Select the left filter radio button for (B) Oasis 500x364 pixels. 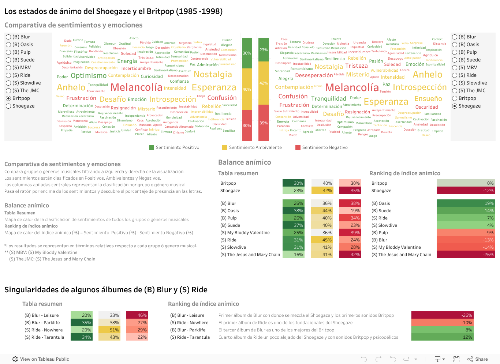tap(8, 45)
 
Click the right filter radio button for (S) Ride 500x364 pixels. tap(455, 75)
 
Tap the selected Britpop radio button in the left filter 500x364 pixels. tap(8, 98)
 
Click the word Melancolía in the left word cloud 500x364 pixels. tap(136, 87)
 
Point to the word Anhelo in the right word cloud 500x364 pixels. tap(428, 75)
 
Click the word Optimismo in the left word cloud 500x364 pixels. tap(89, 76)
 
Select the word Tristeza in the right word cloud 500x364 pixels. tap(356, 66)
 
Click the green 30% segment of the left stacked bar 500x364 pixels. tap(247, 53)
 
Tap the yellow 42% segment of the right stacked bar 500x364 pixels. tap(264, 83)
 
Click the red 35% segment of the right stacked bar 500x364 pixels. tap(264, 123)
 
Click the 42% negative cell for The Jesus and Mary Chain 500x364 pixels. tap(350, 255)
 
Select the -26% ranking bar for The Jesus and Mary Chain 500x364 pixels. tap(466, 255)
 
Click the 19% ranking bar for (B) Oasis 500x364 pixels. tap(466, 203)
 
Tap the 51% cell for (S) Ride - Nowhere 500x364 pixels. tap(109, 330)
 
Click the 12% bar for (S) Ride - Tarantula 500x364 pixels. tap(443, 337)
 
